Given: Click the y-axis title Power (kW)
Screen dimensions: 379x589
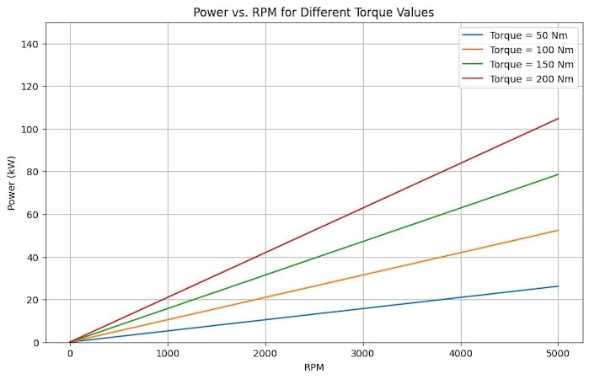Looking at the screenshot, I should [x=12, y=182].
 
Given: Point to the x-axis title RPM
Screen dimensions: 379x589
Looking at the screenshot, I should [x=313, y=368].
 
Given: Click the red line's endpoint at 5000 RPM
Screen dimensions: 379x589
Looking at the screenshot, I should [x=558, y=119].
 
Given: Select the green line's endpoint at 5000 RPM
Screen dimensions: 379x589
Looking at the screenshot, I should [x=558, y=174].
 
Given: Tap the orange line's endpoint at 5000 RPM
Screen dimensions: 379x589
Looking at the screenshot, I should [x=558, y=230].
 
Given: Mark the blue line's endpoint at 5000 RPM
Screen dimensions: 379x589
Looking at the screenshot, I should [x=558, y=286].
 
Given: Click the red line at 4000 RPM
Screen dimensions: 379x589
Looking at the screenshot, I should [x=460, y=163].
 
